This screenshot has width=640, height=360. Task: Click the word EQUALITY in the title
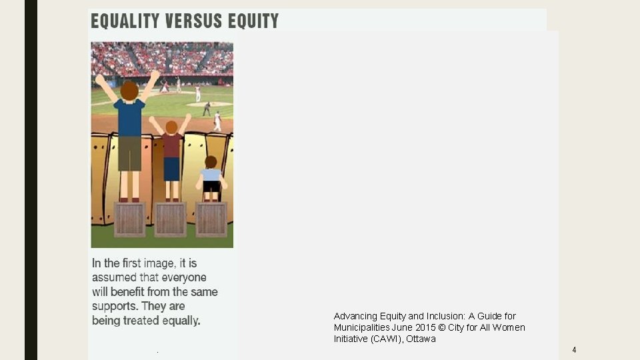(126, 21)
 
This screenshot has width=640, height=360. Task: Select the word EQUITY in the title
(254, 21)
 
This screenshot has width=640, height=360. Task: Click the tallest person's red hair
(129, 89)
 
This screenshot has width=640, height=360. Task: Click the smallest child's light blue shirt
(211, 175)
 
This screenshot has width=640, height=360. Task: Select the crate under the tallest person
(130, 219)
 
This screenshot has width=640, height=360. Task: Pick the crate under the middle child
(171, 219)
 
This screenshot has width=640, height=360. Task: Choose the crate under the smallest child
(211, 219)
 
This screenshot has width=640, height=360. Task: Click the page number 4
(574, 350)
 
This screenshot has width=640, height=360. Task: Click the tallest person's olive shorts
(129, 153)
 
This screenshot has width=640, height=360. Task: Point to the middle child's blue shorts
(171, 169)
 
